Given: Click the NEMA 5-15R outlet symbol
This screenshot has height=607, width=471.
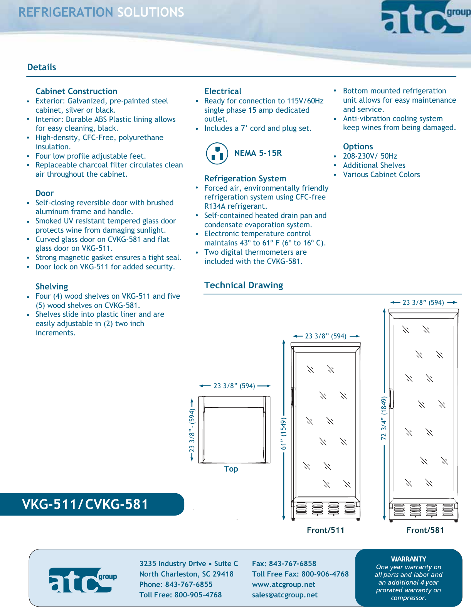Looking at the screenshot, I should coord(217,153).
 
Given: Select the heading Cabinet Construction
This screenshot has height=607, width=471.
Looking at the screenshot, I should coord(76,91).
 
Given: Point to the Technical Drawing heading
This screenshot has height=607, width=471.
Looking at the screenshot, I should coord(243,285).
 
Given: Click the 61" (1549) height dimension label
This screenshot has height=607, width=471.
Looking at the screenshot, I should coord(284,433).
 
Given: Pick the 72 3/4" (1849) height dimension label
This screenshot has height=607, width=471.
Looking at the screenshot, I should coord(384,418).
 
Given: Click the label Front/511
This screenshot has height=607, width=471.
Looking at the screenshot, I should coord(325,530).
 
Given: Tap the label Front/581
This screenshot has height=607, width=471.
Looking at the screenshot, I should coord(425,530).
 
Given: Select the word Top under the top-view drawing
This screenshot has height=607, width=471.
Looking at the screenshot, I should coord(231,469).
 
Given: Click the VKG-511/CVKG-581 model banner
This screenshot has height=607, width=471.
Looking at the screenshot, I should coord(86,504).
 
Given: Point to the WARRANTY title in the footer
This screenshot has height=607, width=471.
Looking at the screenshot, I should coord(408,559).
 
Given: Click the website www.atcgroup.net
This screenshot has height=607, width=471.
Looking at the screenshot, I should coord(283,585).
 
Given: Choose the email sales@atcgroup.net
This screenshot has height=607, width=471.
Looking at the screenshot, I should coord(284,595).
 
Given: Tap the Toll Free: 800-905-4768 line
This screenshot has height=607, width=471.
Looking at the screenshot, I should coord(180,595).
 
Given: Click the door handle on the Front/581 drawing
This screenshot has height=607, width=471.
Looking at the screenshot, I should coord(392,399).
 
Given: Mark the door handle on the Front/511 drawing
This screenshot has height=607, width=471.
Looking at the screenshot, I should coord(293,397).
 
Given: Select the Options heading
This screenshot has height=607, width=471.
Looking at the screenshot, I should coord(358,147).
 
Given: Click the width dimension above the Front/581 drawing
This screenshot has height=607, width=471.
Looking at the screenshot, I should coord(423,303).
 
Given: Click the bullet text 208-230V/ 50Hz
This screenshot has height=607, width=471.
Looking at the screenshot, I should coord(370,156).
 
